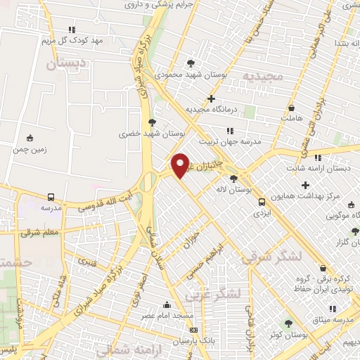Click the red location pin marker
click(181, 165)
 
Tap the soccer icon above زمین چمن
click(29, 138)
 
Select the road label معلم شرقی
click(41, 231)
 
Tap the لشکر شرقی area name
click(271, 257)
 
